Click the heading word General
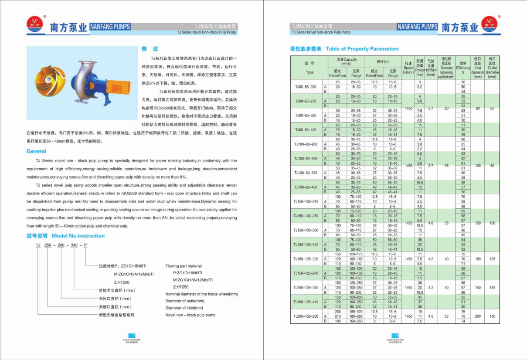[x=36, y=151]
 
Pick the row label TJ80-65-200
[x=306, y=87]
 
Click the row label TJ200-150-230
[x=306, y=316]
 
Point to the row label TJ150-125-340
[x=306, y=288]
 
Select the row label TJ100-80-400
[x=306, y=187]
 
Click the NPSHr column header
[x=431, y=68]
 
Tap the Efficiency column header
[x=463, y=68]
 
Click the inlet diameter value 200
[x=477, y=316]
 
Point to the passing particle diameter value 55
[x=446, y=316]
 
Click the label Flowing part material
[x=184, y=265]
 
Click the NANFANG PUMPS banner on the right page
[x=417, y=27]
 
